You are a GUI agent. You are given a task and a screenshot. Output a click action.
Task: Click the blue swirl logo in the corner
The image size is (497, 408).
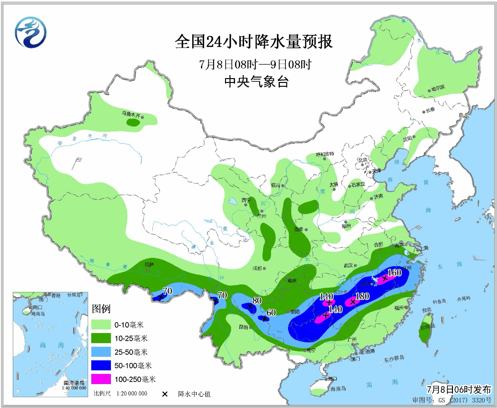coord(31,32)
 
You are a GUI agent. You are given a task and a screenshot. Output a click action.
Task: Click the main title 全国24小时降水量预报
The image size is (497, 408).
coord(253,42)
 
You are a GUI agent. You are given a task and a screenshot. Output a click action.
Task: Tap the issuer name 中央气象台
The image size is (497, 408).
coord(256,82)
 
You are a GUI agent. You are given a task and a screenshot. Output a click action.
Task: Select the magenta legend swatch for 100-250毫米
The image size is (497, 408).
coord(101,379)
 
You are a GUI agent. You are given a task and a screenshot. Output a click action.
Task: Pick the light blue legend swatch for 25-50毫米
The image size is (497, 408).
coord(101,352)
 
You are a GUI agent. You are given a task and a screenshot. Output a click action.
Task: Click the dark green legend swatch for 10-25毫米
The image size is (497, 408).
coord(101,338)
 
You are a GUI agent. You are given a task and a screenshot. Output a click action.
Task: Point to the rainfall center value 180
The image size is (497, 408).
coord(362,296)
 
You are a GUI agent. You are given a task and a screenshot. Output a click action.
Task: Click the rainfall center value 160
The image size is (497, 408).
coord(394,273)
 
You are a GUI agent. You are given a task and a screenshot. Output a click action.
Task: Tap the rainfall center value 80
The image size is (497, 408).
coord(257,301)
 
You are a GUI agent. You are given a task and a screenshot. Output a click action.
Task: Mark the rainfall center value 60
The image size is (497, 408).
coord(271,313)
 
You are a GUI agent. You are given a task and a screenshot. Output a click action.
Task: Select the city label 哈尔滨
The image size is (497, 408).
coord(438,88)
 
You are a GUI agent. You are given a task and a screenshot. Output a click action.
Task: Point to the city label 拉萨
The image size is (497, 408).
coord(149,264)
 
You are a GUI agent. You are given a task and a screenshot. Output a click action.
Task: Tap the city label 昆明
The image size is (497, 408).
coord(243,327)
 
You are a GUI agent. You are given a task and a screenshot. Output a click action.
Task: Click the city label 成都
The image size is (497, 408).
coord(257,268)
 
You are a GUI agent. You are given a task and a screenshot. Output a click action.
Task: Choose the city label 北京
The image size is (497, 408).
coord(363,160)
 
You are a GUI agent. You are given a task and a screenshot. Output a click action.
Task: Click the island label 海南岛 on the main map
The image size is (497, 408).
coord(338,389)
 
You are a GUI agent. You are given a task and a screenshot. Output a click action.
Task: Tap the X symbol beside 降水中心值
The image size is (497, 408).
coord(165,394)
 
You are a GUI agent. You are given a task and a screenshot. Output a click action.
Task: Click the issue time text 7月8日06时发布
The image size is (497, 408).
coord(459,390)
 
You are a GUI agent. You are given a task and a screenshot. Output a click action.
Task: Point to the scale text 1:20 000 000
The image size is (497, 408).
coord(132,394)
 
